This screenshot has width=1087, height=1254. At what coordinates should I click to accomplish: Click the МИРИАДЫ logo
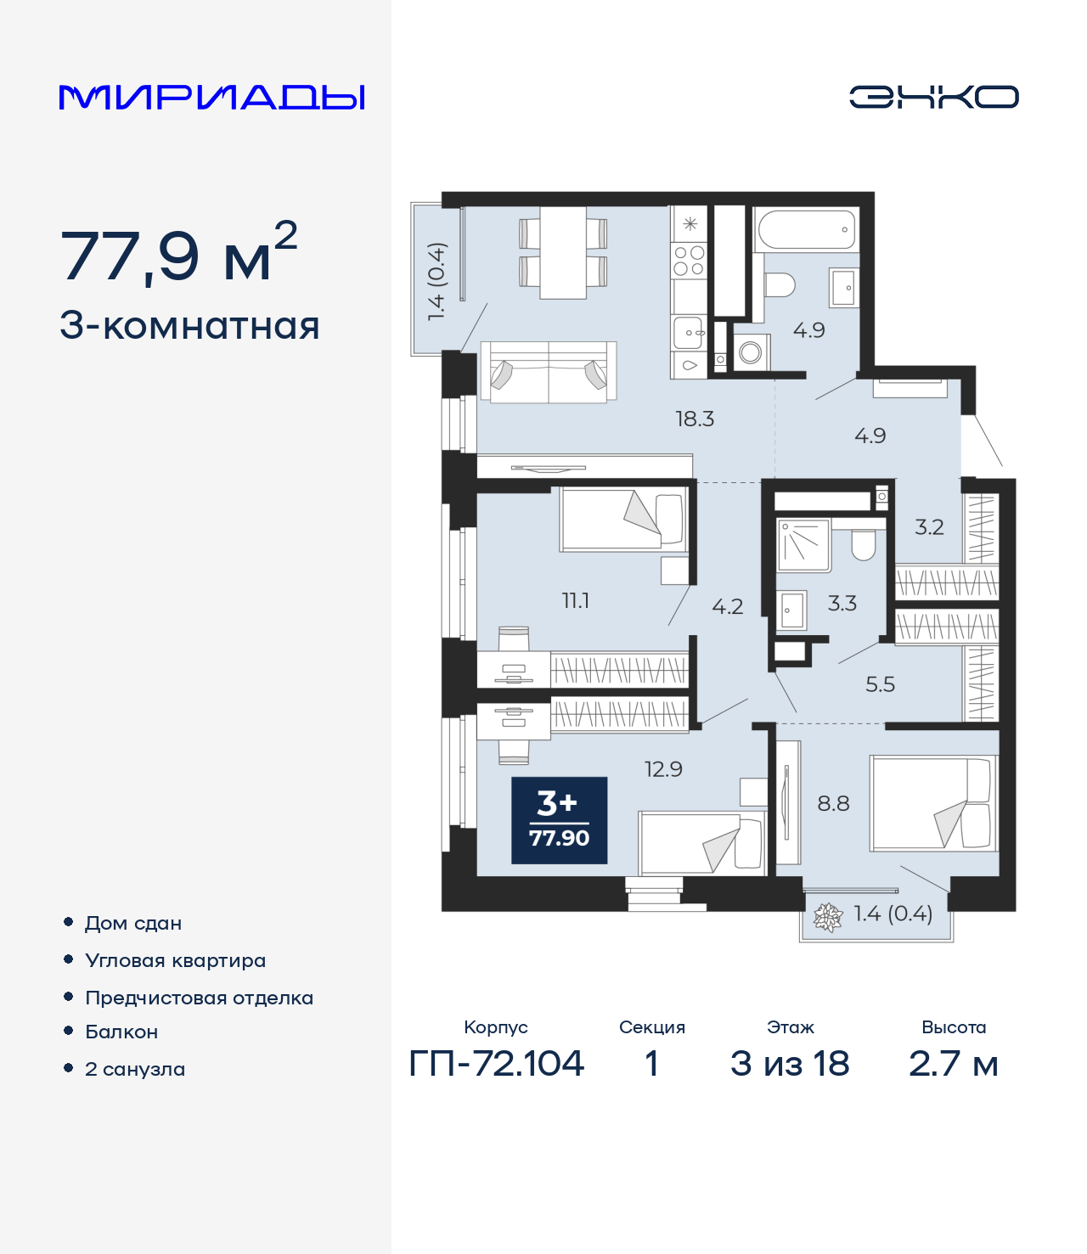click(x=211, y=97)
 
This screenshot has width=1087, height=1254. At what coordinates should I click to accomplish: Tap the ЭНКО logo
click(x=933, y=97)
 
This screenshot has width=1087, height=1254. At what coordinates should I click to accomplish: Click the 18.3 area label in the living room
click(x=695, y=419)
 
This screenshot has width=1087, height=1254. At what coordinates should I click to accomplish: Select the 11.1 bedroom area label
click(x=576, y=600)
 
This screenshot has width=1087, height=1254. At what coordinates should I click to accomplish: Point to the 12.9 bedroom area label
click(x=663, y=769)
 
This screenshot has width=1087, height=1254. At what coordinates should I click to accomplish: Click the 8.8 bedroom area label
click(x=833, y=803)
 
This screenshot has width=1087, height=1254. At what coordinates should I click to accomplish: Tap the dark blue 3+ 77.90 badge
click(x=559, y=819)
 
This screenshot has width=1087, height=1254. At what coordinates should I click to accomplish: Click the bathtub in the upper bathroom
click(x=806, y=229)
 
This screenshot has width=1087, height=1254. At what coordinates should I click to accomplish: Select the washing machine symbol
click(x=751, y=352)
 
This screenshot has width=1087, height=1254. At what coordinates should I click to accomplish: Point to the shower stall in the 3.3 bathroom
click(x=804, y=544)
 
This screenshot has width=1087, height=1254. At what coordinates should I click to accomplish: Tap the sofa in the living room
click(x=549, y=372)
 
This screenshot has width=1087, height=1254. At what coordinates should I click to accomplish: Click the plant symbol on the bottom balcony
click(x=829, y=918)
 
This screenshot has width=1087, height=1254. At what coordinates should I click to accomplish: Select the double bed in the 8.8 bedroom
click(x=933, y=802)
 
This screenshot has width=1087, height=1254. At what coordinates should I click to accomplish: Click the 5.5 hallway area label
click(x=880, y=684)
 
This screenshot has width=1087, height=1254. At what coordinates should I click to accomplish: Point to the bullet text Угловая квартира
click(x=176, y=960)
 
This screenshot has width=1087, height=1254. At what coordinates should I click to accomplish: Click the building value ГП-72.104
click(x=497, y=1064)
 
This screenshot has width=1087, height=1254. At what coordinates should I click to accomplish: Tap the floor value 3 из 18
click(x=790, y=1064)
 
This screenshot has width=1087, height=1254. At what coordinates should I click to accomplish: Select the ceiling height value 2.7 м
click(x=954, y=1064)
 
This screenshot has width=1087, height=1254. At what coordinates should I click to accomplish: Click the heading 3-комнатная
click(x=189, y=326)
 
